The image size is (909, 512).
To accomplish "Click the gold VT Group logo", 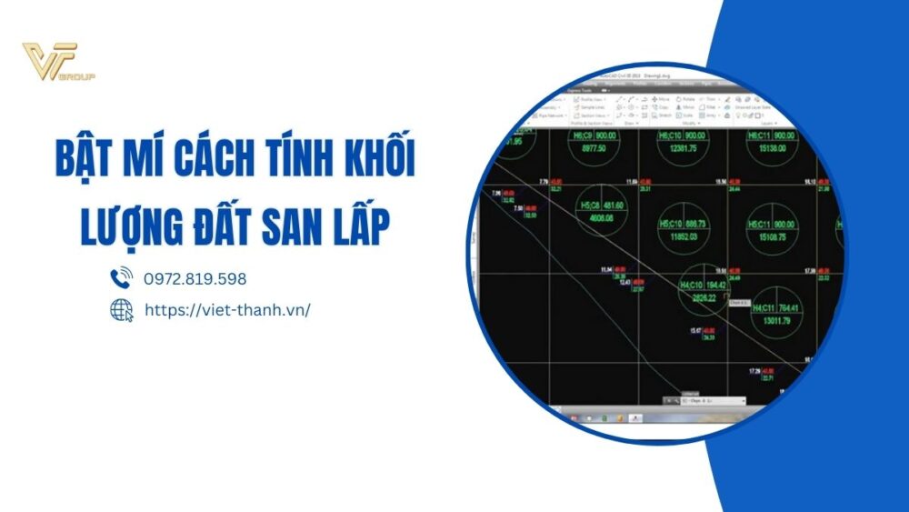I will pos(59,63).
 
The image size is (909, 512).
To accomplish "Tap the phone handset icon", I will pos(121,278).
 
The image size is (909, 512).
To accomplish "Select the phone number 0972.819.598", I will pos(195,279).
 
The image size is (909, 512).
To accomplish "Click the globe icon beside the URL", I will pos(121,310).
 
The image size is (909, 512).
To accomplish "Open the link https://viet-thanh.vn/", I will pos(227,310).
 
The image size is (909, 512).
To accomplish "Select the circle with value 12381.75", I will pos(681,146).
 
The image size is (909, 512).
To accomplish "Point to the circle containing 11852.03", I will pos(683,228).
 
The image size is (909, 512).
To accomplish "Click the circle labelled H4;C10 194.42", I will pos(704,291).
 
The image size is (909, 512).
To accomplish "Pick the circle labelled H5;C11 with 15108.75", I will pos(773,229).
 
